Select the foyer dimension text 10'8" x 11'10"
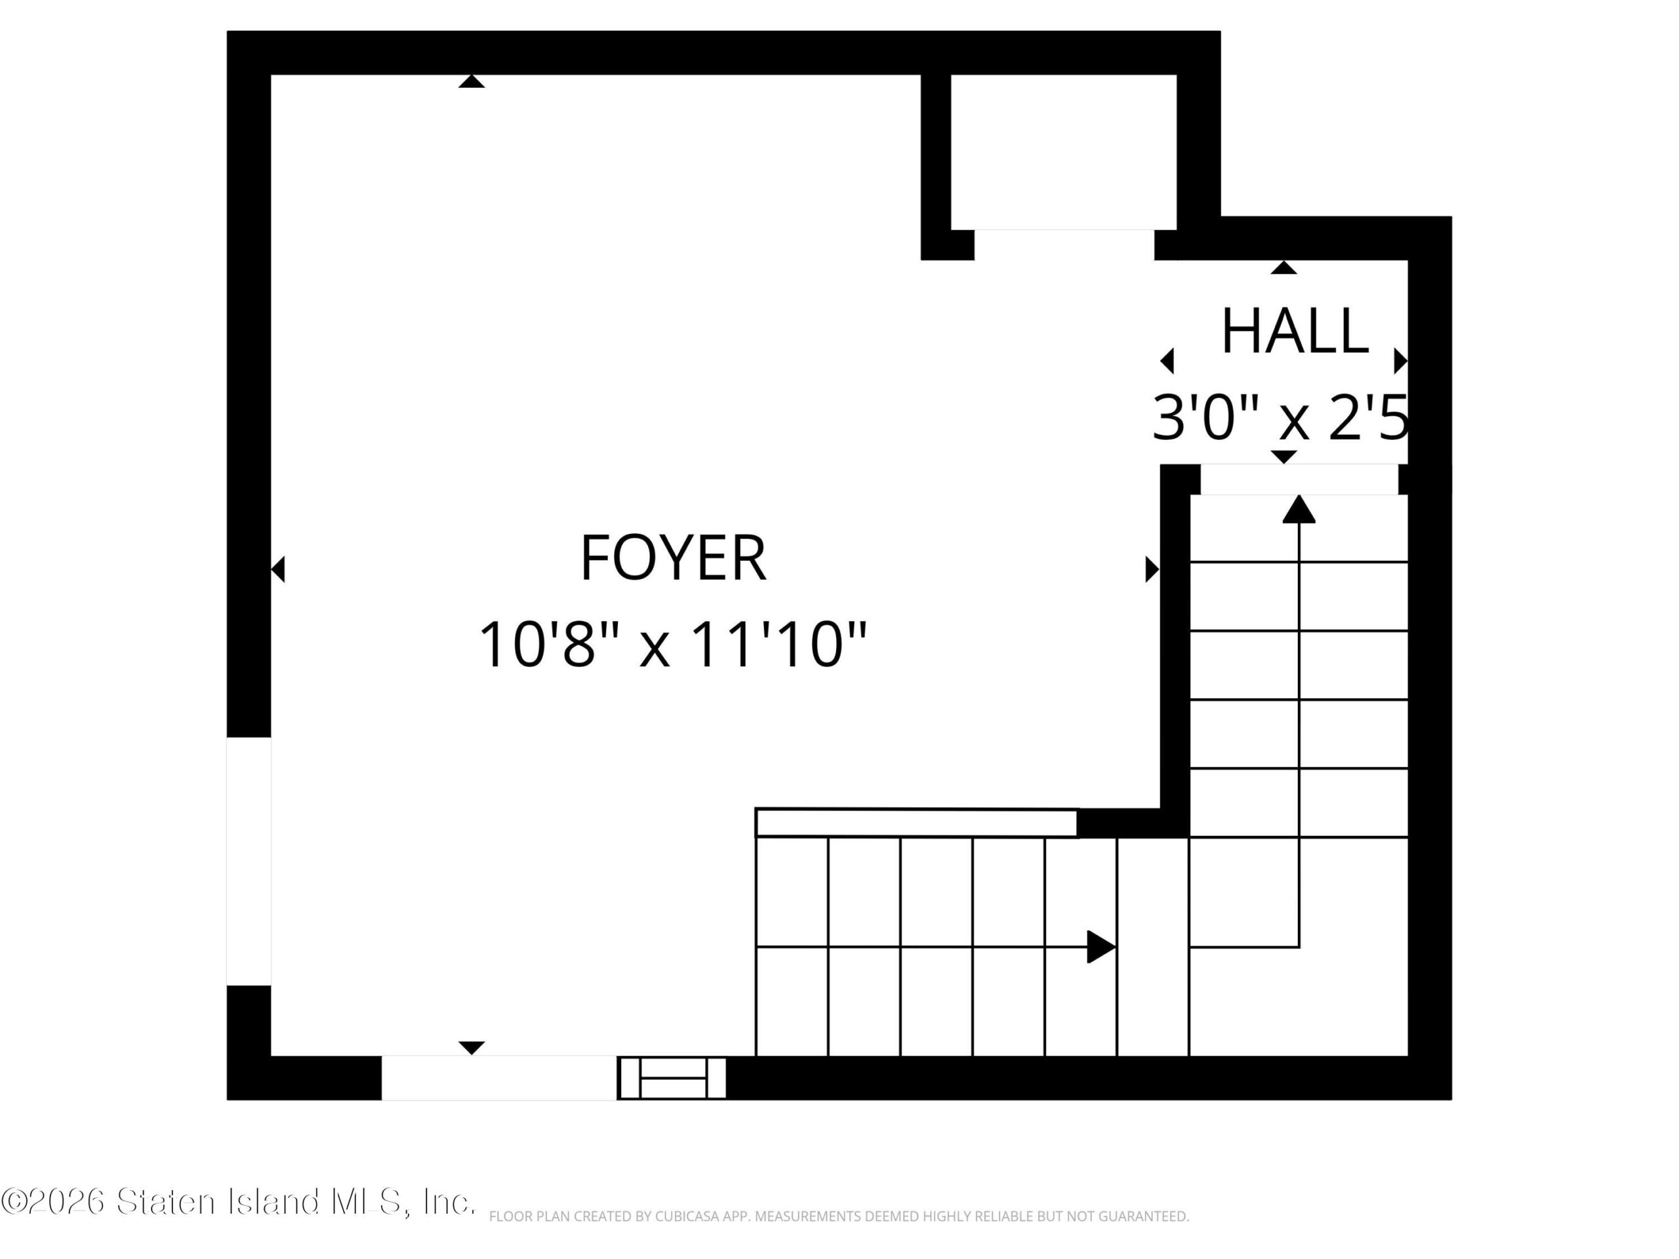[x=672, y=645]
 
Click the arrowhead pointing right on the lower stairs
[x=1101, y=946]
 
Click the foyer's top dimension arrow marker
[x=472, y=81]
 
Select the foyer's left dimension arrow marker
[x=278, y=569]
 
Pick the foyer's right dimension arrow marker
[x=1152, y=569]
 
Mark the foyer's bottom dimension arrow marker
[x=472, y=1048]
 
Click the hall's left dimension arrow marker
[x=1167, y=361]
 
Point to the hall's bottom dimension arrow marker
[x=1284, y=457]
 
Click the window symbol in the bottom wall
[x=672, y=1077]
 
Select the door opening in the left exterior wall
[x=249, y=862]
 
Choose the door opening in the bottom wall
[x=498, y=1077]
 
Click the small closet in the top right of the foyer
[x=1063, y=151]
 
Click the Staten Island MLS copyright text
[x=238, y=1201]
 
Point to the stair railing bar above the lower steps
[x=916, y=824]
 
